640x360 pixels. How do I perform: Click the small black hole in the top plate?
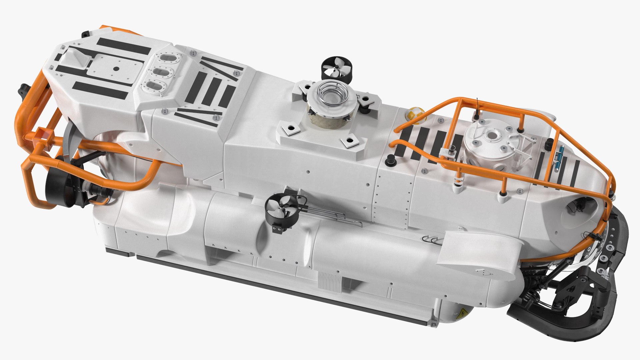(x=116, y=69)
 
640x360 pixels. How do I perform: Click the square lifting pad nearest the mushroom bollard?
(x=350, y=142)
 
